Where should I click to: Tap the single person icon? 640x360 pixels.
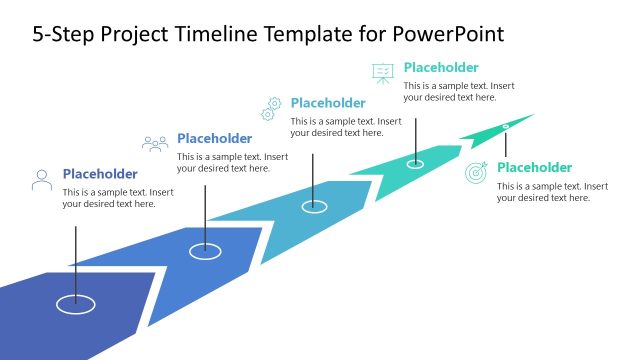coord(42,180)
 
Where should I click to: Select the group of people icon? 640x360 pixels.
coord(155,144)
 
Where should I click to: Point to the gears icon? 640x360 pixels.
coord(271,107)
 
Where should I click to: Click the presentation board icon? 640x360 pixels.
coord(383,73)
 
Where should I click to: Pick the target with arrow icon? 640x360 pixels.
coord(477,172)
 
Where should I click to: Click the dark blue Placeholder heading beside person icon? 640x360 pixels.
coord(100,173)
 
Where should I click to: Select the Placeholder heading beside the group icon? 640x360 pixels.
coord(214,138)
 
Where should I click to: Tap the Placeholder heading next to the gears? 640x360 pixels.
coord(328,102)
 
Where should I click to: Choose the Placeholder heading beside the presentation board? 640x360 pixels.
coord(441,68)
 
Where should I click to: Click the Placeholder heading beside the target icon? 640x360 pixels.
coord(535,167)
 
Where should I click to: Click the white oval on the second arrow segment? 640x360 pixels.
coord(205,251)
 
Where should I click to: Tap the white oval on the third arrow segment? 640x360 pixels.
coord(315,206)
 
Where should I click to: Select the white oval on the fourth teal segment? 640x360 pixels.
coord(415,163)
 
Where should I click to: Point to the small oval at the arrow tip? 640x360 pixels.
coord(505,126)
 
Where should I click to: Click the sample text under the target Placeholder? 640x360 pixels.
coord(552,192)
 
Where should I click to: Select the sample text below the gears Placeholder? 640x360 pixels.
coord(346,127)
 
